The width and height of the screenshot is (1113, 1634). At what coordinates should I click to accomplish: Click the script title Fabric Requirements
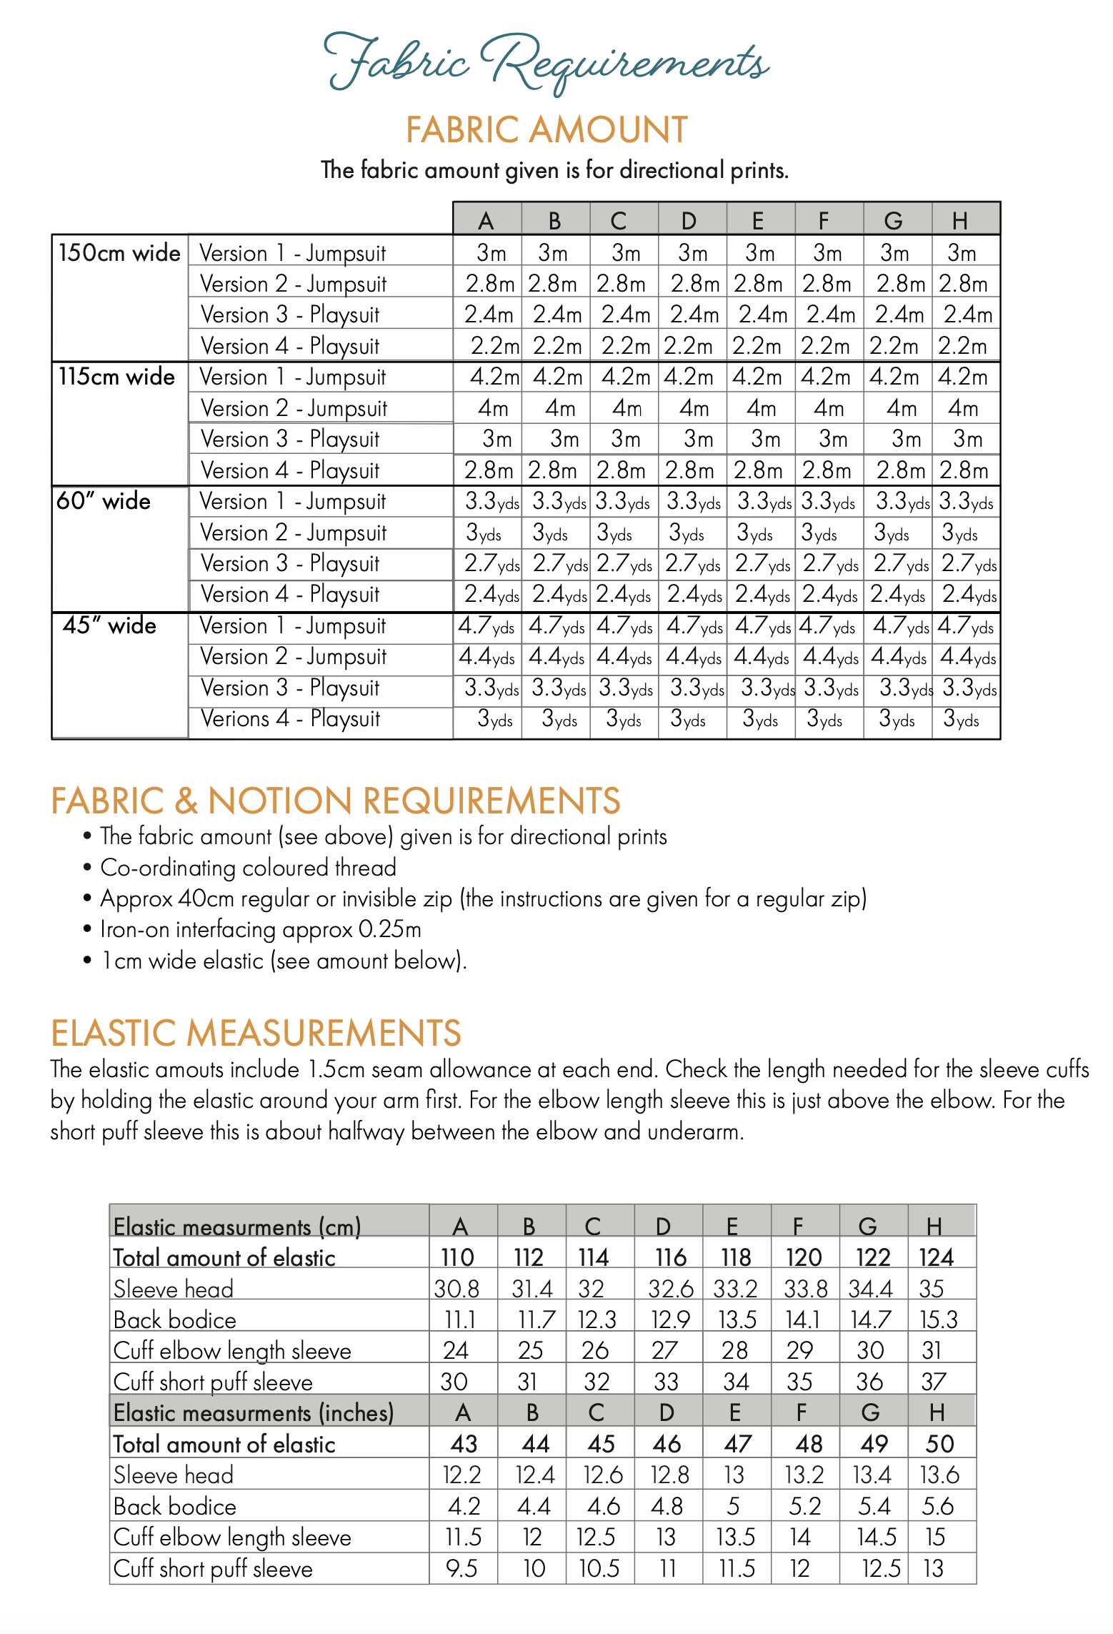546,63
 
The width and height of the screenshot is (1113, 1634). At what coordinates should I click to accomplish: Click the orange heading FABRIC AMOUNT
546,130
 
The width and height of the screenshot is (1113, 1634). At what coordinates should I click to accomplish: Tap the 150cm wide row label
119,253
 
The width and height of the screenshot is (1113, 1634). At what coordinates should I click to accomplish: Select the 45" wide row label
109,625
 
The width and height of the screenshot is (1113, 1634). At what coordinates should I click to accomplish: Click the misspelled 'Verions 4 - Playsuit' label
290,718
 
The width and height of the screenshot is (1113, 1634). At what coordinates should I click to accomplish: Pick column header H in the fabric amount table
959,221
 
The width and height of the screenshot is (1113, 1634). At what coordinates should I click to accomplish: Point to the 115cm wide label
116,377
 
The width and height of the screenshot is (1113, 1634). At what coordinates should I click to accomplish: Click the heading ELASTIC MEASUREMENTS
256,1034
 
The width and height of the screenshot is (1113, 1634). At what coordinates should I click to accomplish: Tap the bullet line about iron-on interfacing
261,929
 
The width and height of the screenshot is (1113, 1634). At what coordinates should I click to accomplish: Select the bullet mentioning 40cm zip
483,898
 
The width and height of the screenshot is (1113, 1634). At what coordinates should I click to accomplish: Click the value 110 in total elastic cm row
457,1257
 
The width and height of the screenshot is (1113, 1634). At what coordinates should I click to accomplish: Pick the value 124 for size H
936,1257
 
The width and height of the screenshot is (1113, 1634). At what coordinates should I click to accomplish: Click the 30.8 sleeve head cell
456,1289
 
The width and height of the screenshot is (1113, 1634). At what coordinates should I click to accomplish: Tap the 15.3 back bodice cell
938,1319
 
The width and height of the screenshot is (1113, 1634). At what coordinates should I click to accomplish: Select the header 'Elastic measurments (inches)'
254,1413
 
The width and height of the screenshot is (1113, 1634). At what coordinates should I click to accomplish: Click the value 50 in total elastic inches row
939,1444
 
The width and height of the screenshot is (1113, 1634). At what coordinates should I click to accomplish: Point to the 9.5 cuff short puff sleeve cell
461,1568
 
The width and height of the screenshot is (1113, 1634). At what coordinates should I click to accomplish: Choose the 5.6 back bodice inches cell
937,1506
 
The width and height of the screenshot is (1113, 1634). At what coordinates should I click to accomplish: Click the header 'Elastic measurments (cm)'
237,1227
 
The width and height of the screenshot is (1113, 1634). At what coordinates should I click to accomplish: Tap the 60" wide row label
104,501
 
